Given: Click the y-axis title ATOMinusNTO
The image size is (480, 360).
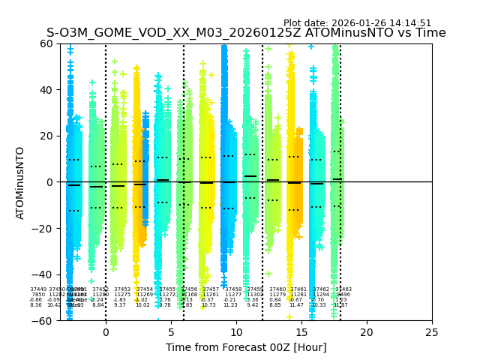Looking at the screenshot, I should [x=20, y=182].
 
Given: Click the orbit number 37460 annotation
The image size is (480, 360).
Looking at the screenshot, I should [x=277, y=289].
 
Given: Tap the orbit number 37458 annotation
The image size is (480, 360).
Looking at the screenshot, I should [x=233, y=289].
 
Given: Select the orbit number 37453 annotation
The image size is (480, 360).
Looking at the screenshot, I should [x=122, y=289].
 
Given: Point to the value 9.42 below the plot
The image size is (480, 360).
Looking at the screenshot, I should [x=253, y=305].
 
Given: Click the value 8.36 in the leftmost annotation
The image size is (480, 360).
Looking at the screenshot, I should [x=36, y=305].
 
